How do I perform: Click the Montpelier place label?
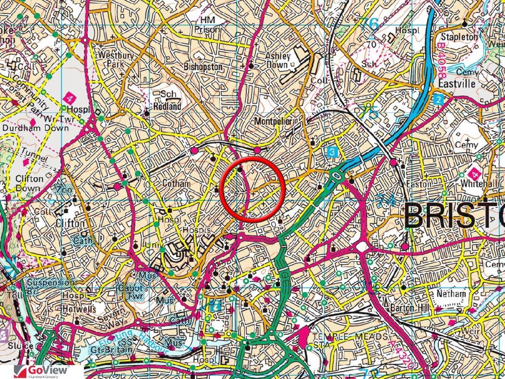[x=273, y=121]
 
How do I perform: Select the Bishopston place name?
[x=203, y=67]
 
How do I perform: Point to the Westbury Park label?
[x=116, y=59]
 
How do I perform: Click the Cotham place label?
[x=176, y=184]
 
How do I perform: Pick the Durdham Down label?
[x=35, y=128]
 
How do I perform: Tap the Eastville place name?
[x=457, y=84]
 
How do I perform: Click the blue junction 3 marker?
[x=332, y=152]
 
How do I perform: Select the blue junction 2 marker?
[x=438, y=99]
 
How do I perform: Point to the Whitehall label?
[x=479, y=184]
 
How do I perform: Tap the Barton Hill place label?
[x=410, y=308]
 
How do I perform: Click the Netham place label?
[x=451, y=294]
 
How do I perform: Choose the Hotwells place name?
[x=79, y=309]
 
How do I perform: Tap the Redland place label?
[x=167, y=106]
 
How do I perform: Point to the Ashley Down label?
[x=277, y=60]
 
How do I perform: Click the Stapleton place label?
[x=459, y=37]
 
